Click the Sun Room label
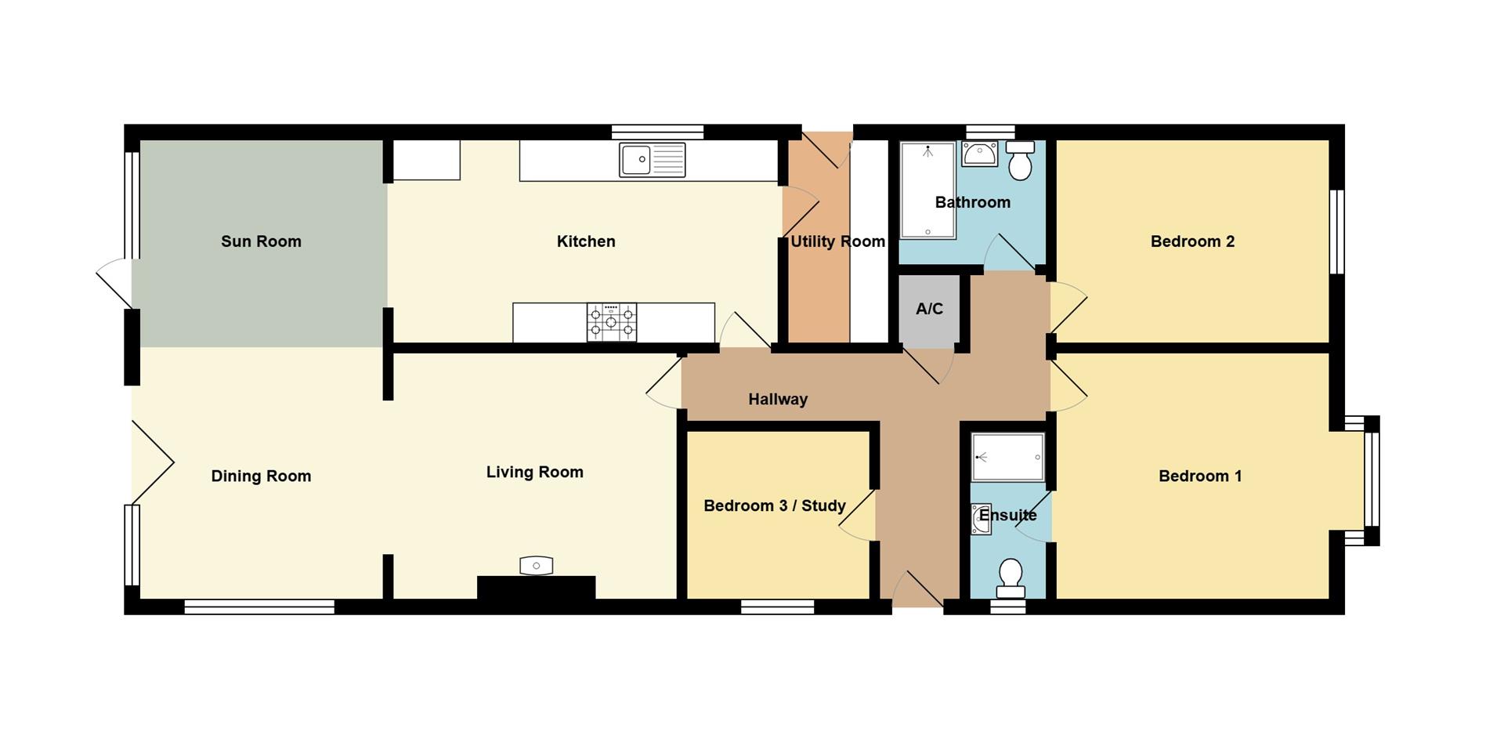tap(261, 241)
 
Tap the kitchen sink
tap(652, 160)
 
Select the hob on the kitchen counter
tap(612, 323)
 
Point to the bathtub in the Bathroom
tap(927, 190)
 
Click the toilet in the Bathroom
tap(1020, 161)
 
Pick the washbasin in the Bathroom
tap(980, 154)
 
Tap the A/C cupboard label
tap(930, 309)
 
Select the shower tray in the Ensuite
tap(1008, 457)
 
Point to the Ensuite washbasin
tap(981, 519)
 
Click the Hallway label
tap(778, 400)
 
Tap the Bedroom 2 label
tap(1192, 241)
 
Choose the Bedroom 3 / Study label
tap(775, 506)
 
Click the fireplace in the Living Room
tap(537, 587)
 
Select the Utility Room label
tap(837, 241)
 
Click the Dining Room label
tap(261, 476)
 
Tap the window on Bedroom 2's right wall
tap(1337, 231)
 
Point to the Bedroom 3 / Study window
tap(778, 607)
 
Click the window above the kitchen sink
tap(657, 132)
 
